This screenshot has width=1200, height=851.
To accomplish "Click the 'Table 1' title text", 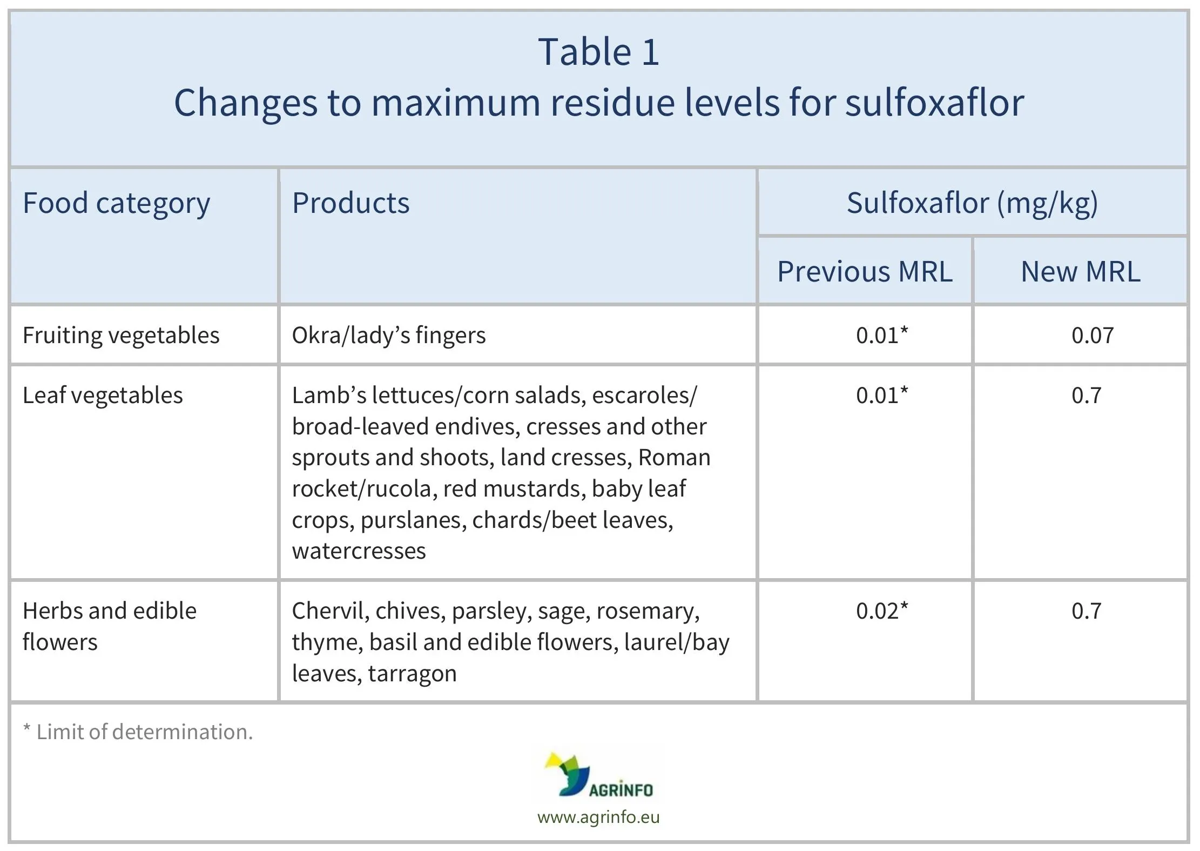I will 598,52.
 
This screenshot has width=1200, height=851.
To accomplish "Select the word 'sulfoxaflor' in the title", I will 934,103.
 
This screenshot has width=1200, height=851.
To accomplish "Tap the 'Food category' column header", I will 116,203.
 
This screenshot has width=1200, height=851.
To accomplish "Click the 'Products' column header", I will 350,203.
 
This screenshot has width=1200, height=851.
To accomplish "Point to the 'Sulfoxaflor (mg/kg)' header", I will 972,203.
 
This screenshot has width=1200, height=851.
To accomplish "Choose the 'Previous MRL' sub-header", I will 865,271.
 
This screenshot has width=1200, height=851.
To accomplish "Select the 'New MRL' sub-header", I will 1080,271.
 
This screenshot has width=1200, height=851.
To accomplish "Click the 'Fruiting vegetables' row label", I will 121,336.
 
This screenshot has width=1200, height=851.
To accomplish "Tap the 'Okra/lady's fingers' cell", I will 389,336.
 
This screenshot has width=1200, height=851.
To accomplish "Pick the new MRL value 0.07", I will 1092,336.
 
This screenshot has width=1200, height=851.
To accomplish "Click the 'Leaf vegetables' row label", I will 103,396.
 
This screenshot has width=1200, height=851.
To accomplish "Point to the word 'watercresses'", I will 359,551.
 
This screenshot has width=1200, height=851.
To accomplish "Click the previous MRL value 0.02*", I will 882,611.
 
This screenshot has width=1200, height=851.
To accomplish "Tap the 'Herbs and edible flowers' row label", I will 109,626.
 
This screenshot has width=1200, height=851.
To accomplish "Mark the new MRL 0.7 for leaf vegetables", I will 1086,396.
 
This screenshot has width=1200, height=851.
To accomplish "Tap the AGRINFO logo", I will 599,775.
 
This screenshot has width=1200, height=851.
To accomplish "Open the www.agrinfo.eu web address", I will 598,816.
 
